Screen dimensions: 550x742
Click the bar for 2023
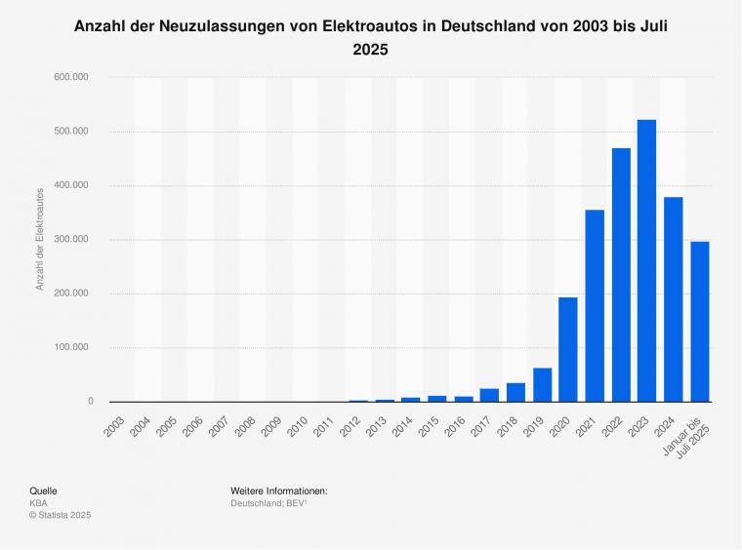647,260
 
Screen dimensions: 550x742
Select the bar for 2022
621,275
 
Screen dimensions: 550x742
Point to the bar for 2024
674,299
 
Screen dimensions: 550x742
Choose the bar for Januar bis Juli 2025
700,322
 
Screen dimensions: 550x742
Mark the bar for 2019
542,385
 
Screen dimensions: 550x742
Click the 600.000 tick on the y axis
75,77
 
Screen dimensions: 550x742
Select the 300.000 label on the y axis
75,239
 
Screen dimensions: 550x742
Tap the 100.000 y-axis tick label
75,347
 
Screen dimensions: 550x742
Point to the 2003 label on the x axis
114,421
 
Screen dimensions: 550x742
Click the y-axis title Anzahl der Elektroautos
40,239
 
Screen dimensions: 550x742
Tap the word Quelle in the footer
43,490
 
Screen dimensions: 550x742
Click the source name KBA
38,502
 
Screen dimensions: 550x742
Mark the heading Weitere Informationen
278,490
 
